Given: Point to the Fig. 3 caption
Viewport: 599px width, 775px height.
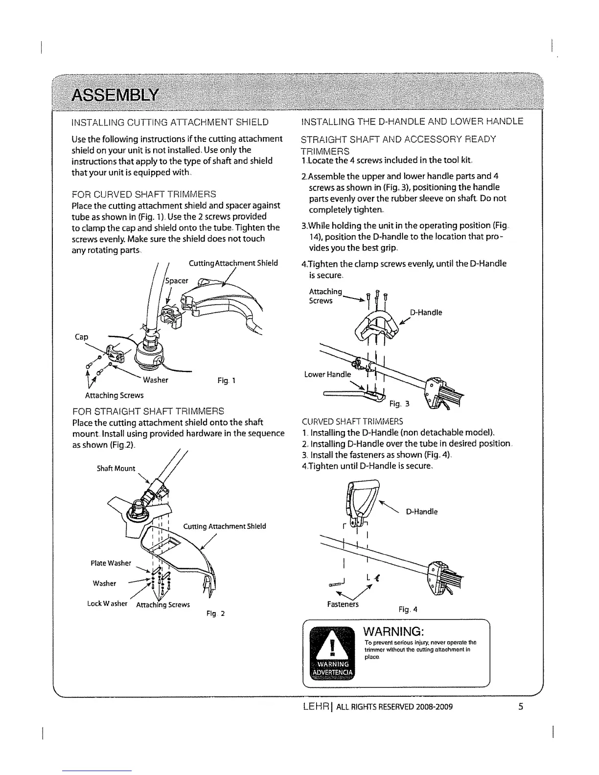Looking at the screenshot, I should (x=400, y=404).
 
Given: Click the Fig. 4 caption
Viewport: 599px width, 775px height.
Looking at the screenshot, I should (x=408, y=610).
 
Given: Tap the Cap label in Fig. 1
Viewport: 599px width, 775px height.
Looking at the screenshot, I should (x=81, y=337).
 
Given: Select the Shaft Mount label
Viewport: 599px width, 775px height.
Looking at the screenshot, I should (x=115, y=468).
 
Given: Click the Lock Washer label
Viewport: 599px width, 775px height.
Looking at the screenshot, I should (x=107, y=604).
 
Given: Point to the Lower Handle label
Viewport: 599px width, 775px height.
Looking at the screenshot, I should (x=327, y=375).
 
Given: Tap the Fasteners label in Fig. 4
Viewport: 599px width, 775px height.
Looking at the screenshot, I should (x=343, y=604).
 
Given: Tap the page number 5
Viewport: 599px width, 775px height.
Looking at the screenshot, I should (x=521, y=707).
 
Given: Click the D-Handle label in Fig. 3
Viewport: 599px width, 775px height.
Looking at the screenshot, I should (x=426, y=312).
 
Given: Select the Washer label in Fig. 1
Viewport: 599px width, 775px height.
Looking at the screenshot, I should (x=156, y=380).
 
